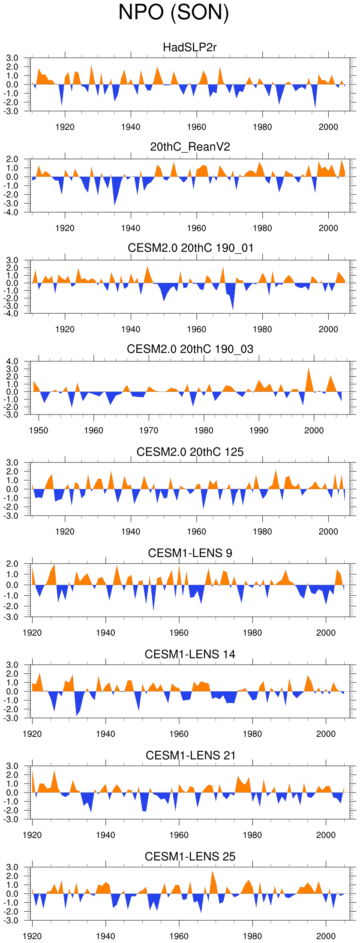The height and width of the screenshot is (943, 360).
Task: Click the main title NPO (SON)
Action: pos(174,12)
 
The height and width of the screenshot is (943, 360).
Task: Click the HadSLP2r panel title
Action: pos(190,47)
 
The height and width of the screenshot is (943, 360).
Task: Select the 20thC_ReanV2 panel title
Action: pos(190,147)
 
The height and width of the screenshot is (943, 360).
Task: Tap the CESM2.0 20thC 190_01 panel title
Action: pos(190,248)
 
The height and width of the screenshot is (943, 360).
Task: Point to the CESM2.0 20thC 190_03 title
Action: pos(190,349)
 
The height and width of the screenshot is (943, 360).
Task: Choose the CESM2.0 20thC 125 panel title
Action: pos(190,452)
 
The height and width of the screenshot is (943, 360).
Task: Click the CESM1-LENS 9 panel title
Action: pos(190,553)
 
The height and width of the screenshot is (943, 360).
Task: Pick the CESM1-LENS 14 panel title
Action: pos(190,655)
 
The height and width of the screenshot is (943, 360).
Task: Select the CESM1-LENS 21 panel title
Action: pos(190,756)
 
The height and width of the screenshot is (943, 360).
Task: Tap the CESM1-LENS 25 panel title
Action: pos(190,857)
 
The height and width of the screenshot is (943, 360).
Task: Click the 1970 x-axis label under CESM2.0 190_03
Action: pos(149,430)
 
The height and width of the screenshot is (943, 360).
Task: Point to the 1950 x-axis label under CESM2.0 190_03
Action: pos(39,430)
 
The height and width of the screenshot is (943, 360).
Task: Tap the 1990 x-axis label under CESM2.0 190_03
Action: pos(259,430)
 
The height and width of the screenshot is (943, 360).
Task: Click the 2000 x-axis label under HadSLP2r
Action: pos(328,127)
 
